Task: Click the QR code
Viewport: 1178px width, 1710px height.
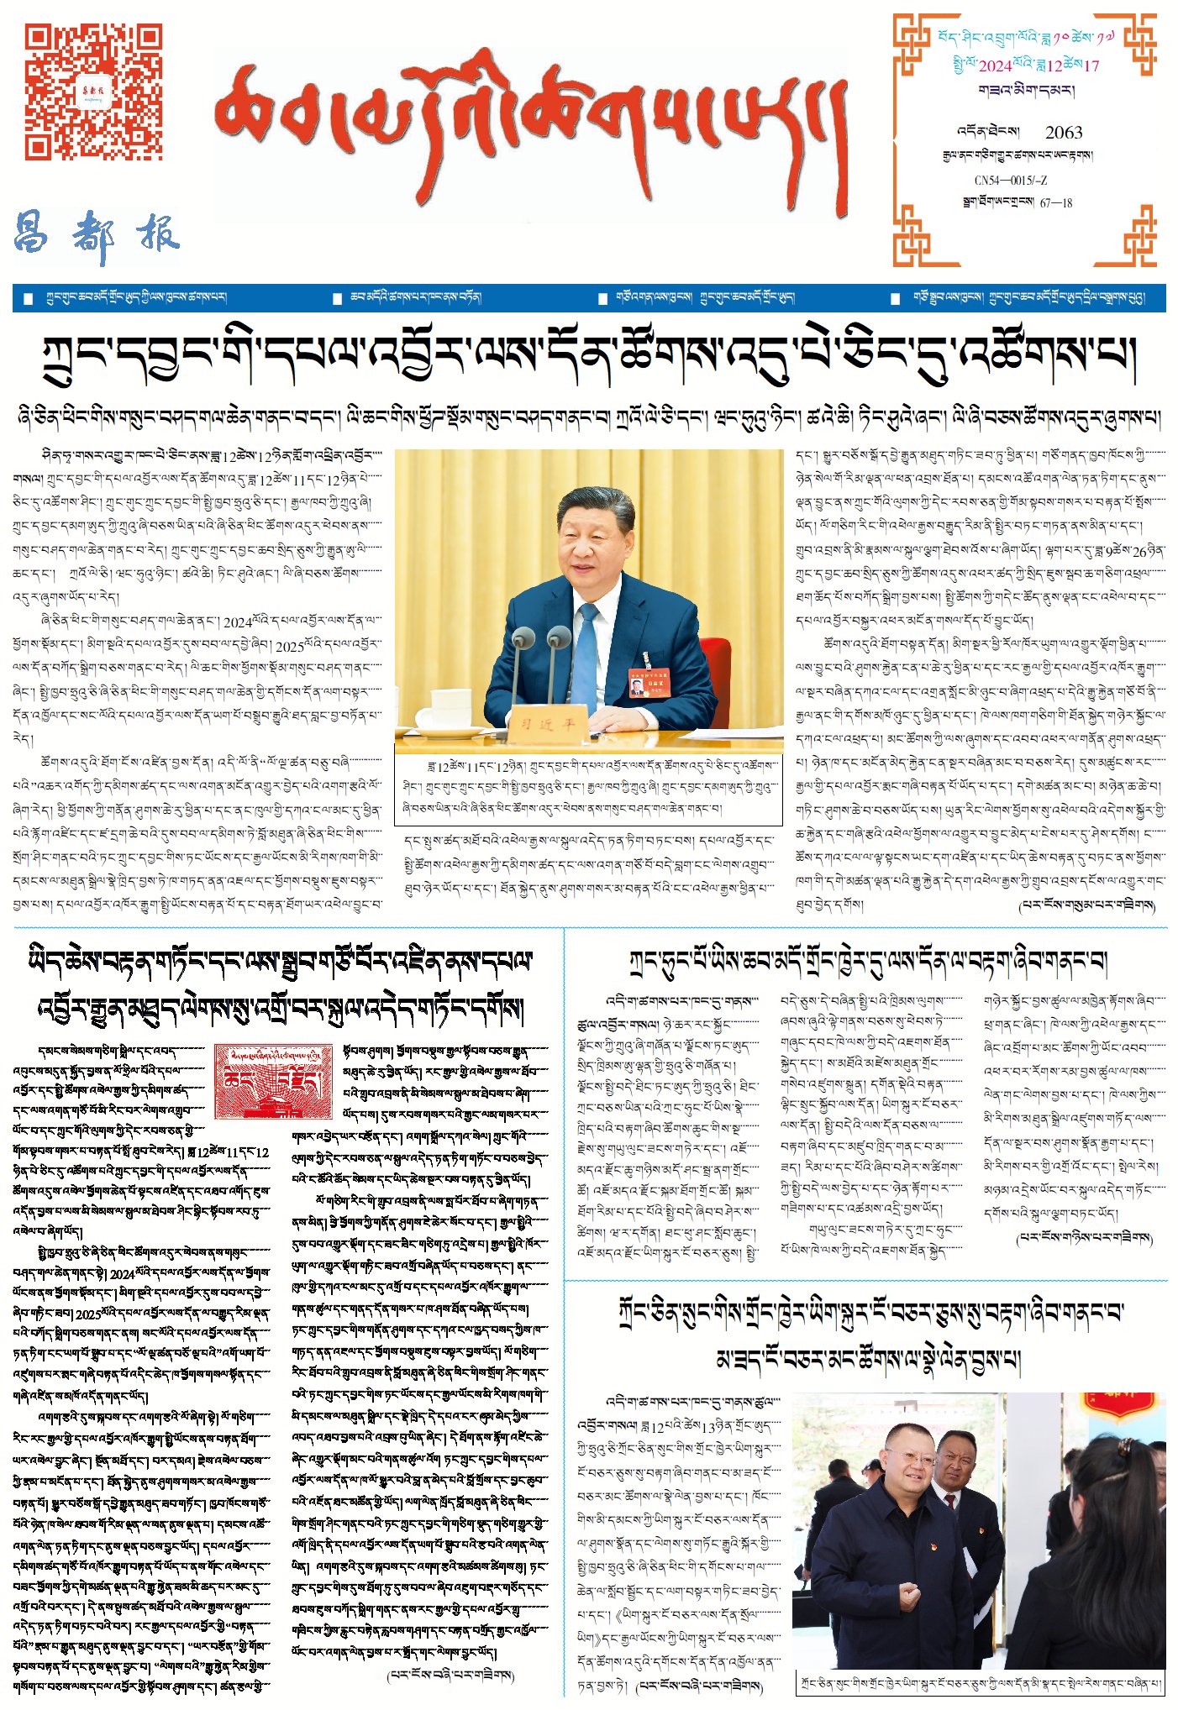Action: tap(93, 92)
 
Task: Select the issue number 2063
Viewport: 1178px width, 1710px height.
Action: tap(1063, 133)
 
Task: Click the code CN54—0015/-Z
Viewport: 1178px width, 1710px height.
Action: tap(1011, 181)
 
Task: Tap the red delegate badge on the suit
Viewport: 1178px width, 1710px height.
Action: tap(643, 684)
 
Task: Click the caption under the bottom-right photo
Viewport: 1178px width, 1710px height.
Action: tap(979, 1682)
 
